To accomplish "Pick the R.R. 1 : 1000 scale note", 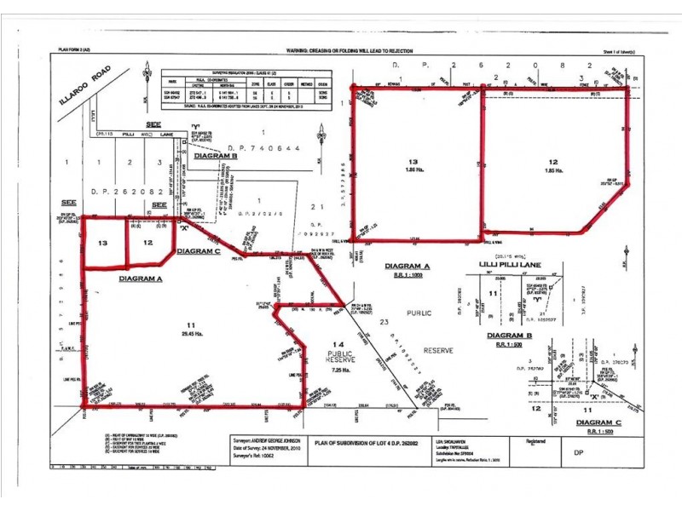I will click(x=408, y=275).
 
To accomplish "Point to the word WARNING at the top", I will click(x=299, y=51).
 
